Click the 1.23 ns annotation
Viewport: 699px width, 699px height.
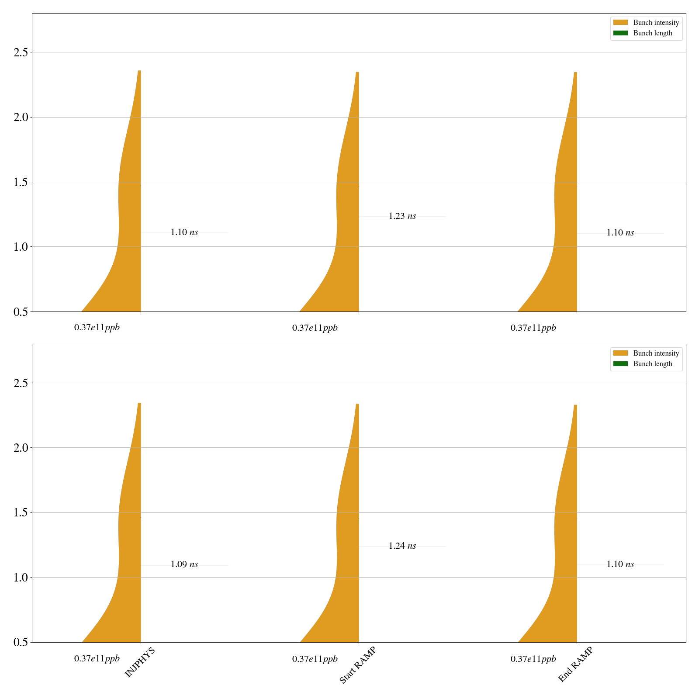tap(402, 216)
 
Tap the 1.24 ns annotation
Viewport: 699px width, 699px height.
tap(402, 546)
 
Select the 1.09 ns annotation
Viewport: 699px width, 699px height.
tap(184, 564)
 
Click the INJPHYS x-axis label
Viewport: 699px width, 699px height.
tap(140, 662)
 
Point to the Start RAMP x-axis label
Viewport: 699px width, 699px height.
tap(357, 665)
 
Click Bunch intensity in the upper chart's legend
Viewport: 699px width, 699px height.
tap(656, 23)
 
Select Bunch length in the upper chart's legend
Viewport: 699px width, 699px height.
tap(653, 33)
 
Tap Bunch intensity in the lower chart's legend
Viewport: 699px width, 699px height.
tap(656, 353)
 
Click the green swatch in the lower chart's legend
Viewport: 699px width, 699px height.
tap(620, 364)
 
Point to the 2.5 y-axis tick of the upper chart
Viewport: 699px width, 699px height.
tap(21, 52)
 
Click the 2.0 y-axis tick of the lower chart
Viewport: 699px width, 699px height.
tap(21, 448)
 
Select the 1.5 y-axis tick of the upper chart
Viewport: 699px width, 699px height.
tap(21, 182)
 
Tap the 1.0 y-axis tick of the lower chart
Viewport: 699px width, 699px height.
tap(21, 578)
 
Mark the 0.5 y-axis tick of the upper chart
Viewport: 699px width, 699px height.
tap(21, 311)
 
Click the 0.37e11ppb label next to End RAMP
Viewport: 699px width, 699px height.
tap(533, 659)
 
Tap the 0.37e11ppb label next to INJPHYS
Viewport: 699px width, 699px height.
tap(97, 659)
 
